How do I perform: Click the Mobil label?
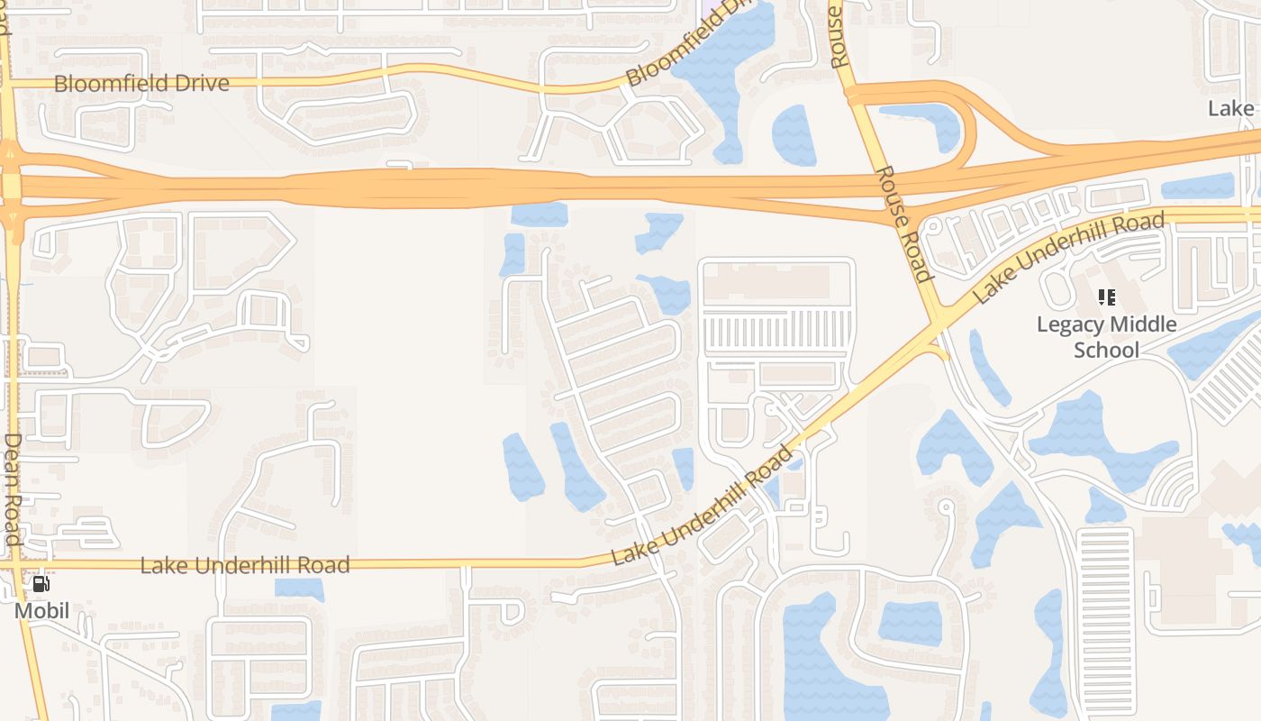coord(41,612)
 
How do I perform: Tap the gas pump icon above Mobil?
coord(41,584)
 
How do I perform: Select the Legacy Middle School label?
coord(1106,336)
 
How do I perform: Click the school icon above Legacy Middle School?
coord(1106,297)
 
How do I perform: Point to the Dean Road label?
coord(12,488)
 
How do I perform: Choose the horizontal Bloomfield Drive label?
coord(141,84)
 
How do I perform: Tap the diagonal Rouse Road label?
coord(903,224)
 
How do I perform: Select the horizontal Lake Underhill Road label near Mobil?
coord(245,566)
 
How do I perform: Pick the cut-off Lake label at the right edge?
coord(1231,109)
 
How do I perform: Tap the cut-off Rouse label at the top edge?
coord(838,36)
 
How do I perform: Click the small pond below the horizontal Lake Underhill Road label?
coord(299,589)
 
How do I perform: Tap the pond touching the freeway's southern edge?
coord(539,214)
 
